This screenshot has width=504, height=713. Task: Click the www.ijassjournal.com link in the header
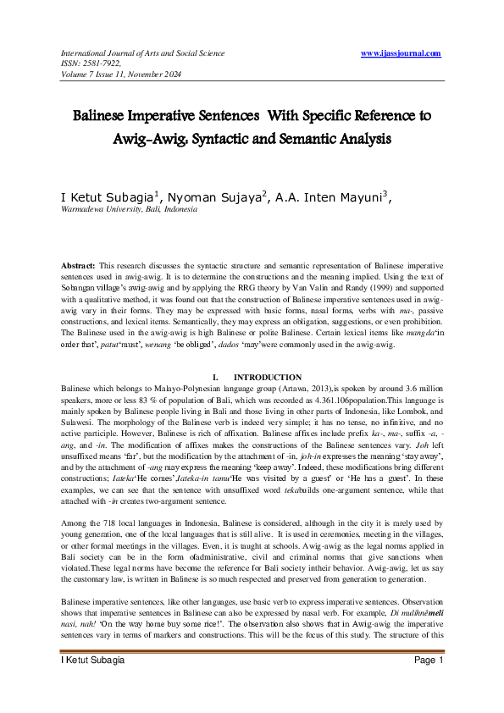pos(401,53)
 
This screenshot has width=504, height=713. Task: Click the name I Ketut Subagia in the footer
pos(92,683)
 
